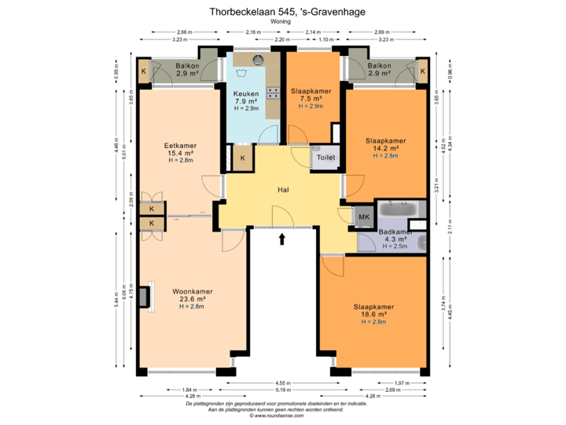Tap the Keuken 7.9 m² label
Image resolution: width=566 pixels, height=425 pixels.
246,100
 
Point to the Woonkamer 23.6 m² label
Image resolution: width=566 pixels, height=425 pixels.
189,299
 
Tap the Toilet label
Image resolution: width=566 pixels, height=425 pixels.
326,157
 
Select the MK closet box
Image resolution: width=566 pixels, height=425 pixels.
364,216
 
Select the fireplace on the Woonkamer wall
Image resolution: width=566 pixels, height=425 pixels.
145,296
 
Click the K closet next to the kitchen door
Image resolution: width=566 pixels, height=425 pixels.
243,158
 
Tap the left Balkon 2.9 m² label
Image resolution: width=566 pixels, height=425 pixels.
186,69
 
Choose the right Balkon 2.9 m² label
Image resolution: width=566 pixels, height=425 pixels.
380,69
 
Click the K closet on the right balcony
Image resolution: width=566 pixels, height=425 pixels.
422,72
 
